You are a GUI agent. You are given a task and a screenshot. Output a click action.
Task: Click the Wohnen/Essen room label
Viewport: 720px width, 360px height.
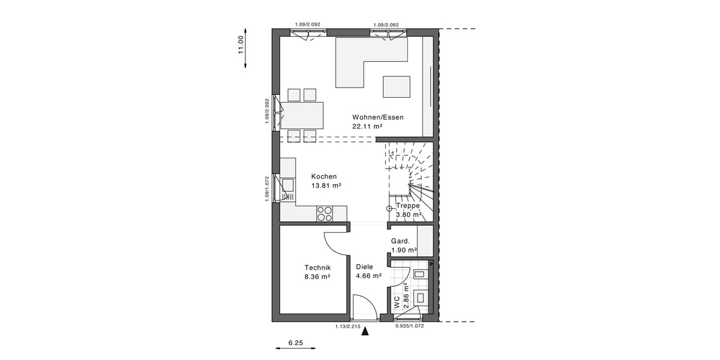377,117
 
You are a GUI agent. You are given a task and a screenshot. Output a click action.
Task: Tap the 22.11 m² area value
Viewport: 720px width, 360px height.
367,127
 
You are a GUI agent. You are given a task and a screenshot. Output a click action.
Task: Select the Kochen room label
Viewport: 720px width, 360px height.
323,176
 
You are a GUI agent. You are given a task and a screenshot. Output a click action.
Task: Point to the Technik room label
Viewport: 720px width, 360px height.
317,268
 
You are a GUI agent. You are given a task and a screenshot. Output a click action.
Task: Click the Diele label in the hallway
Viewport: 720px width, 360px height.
364,267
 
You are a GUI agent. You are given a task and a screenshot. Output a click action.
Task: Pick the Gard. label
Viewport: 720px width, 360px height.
400,241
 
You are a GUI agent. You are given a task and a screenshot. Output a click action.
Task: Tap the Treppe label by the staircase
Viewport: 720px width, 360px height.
407,205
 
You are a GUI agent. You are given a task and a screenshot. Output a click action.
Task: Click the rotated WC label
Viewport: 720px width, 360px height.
397,302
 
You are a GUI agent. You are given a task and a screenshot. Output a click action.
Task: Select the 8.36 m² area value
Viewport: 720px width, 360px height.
317,277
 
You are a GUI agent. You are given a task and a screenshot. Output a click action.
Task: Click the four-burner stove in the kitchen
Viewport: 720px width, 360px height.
325,213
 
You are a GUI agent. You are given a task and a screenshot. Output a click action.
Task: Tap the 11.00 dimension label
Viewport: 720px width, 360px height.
241,44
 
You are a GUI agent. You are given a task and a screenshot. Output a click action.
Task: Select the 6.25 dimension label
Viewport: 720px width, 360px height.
295,343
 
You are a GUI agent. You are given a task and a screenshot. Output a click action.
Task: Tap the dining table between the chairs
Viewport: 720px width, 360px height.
302,115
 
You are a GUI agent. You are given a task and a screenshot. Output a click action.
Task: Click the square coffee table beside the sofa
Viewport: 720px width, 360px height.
397,86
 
